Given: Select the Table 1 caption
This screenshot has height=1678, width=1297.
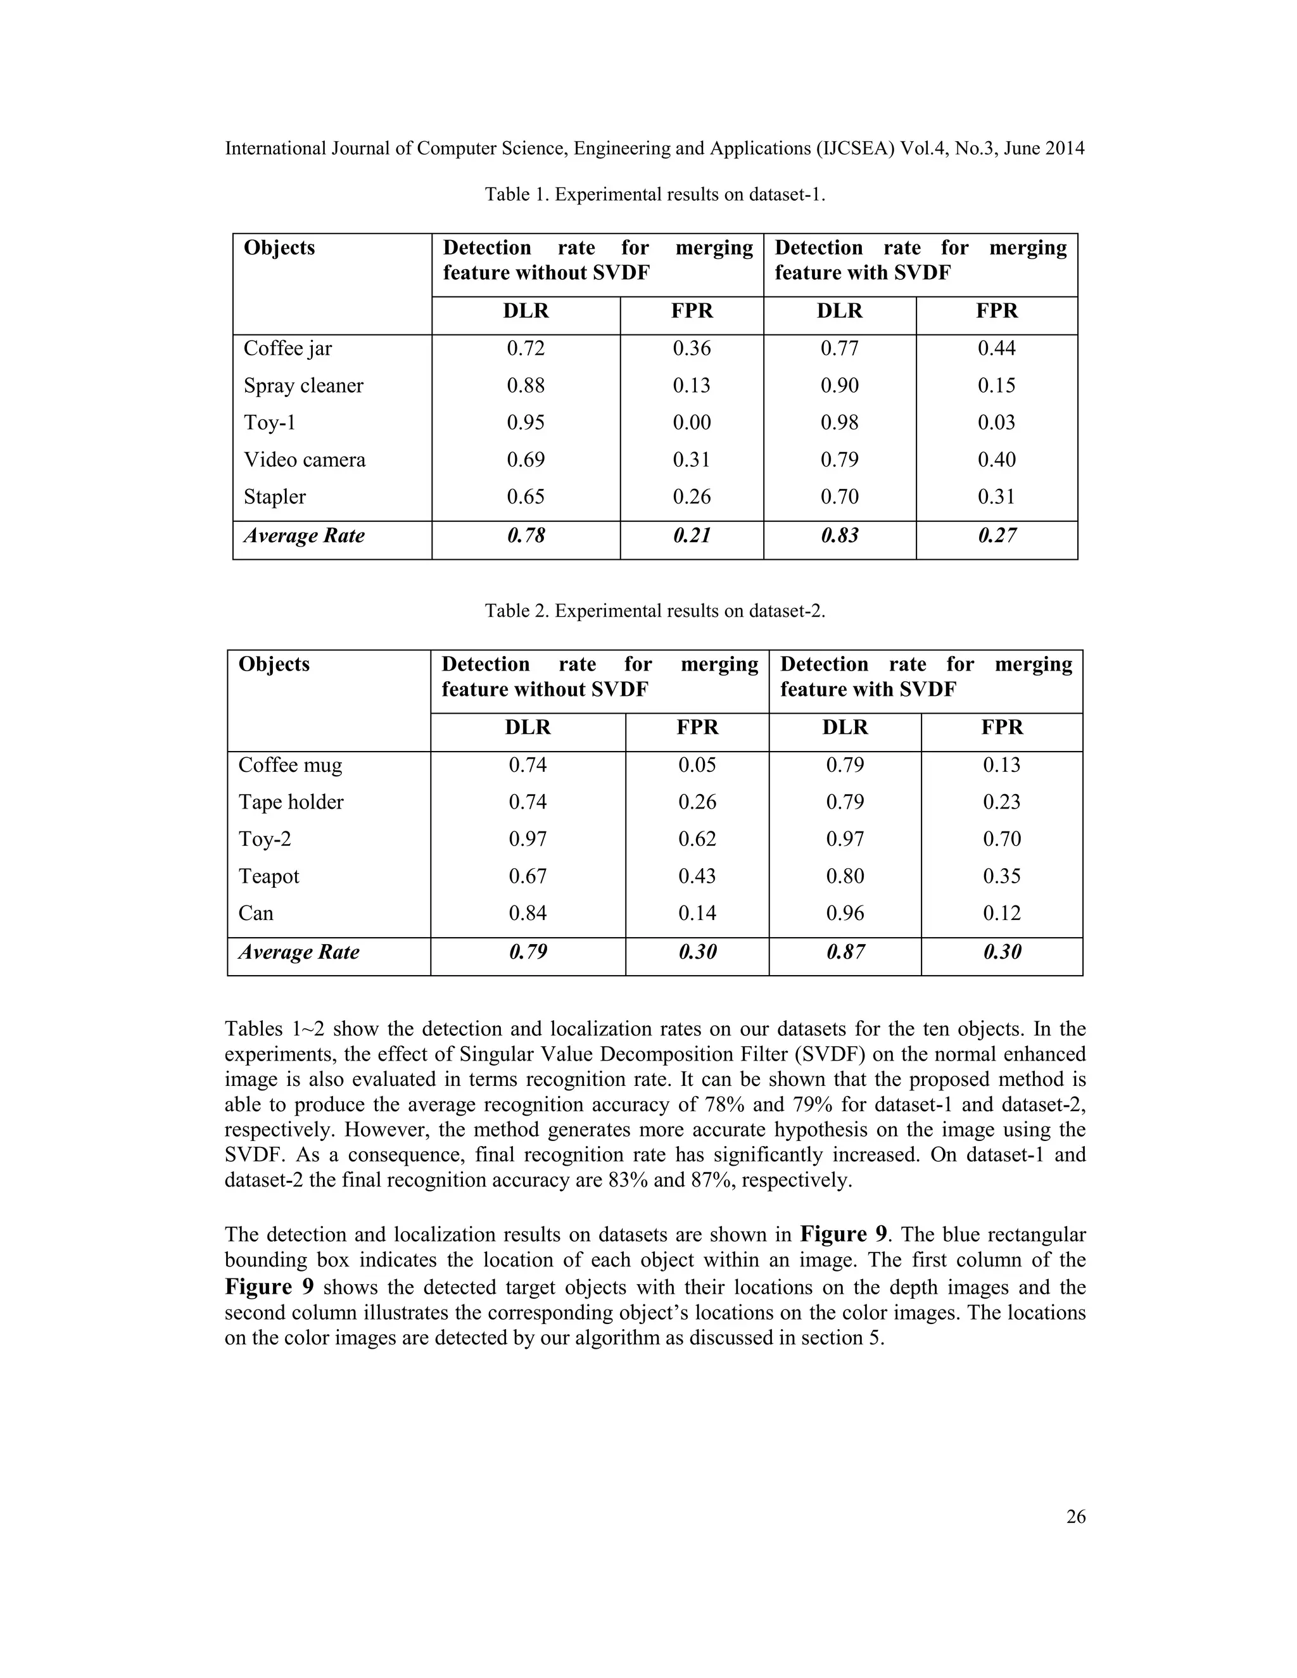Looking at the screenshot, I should pyautogui.click(x=655, y=194).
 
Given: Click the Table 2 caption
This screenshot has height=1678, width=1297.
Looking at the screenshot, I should pyautogui.click(x=655, y=611).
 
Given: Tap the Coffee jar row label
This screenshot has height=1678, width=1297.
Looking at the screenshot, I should pyautogui.click(x=288, y=349).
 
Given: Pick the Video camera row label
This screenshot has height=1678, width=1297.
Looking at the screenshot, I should pyautogui.click(x=304, y=460).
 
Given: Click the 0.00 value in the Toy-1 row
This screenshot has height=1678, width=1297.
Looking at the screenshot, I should pyautogui.click(x=692, y=422).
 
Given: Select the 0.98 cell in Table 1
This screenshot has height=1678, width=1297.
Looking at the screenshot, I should pyautogui.click(x=839, y=422).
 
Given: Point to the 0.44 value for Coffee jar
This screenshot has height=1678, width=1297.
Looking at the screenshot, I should pyautogui.click(x=997, y=349).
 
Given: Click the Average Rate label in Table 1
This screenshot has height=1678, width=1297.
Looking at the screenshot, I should pyautogui.click(x=304, y=536).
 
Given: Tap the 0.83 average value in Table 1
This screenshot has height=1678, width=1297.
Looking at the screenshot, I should pyautogui.click(x=839, y=536).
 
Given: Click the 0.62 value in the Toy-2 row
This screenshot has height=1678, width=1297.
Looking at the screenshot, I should pyautogui.click(x=697, y=839).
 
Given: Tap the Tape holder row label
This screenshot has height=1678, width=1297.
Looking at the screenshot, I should pyautogui.click(x=291, y=802).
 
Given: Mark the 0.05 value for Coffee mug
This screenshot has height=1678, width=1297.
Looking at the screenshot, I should pyautogui.click(x=697, y=766).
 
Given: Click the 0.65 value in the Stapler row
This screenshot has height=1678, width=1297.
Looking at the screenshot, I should pyautogui.click(x=526, y=496).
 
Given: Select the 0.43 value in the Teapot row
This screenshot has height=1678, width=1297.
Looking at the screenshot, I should pyautogui.click(x=697, y=876).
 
